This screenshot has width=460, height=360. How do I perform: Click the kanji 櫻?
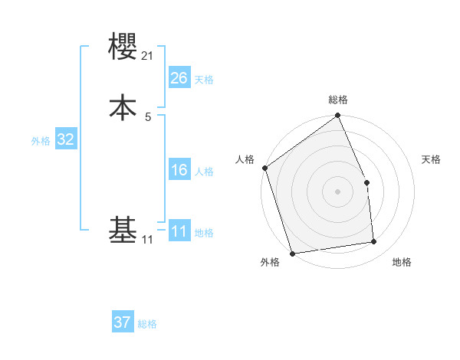click(x=123, y=47)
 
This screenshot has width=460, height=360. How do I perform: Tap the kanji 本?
click(x=123, y=106)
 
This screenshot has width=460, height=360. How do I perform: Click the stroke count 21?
click(x=148, y=57)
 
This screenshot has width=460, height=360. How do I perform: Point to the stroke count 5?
click(x=148, y=116)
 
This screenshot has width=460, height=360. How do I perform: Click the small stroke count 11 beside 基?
click(x=147, y=240)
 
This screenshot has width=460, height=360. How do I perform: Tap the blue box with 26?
click(x=179, y=77)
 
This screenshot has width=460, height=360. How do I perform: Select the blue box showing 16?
click(x=179, y=170)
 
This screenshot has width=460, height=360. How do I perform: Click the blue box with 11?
click(x=179, y=231)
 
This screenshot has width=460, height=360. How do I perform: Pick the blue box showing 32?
click(x=65, y=139)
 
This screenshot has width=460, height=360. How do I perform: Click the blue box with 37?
click(x=123, y=322)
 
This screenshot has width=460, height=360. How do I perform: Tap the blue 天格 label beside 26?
click(x=204, y=79)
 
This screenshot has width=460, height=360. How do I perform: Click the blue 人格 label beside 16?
click(x=204, y=172)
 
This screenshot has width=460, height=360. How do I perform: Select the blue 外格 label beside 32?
click(x=41, y=141)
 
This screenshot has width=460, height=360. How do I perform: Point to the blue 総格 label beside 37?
click(x=147, y=324)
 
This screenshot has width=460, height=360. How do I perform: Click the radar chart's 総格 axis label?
click(x=338, y=100)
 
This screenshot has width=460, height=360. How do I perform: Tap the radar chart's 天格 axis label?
click(x=431, y=159)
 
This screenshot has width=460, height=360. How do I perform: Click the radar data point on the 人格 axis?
click(x=264, y=168)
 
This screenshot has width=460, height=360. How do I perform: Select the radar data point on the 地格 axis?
click(x=374, y=242)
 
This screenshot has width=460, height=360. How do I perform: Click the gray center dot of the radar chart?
click(x=338, y=191)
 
